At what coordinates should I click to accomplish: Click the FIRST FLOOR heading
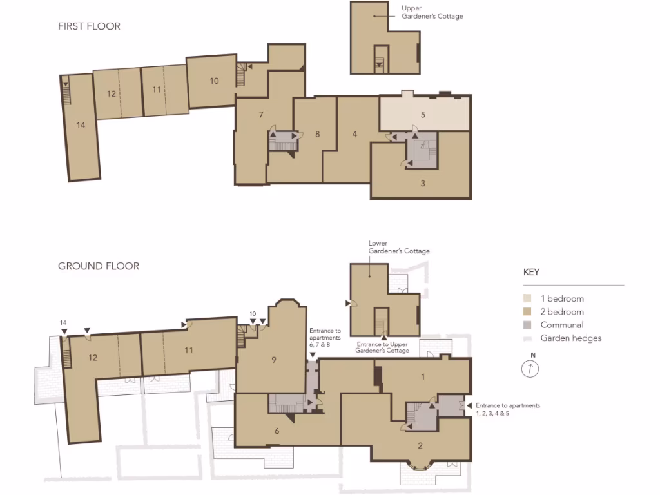click(x=89, y=26)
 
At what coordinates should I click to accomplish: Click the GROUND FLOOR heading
click(x=98, y=266)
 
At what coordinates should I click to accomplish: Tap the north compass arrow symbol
click(x=530, y=368)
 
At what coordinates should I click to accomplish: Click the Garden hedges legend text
click(x=571, y=338)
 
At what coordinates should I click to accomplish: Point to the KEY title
click(x=531, y=272)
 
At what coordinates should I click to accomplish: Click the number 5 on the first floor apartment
click(x=423, y=115)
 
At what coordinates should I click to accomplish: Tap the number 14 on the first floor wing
click(x=81, y=126)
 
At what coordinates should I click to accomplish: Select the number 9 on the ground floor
click(x=274, y=360)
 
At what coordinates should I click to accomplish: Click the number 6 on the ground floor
click(x=277, y=431)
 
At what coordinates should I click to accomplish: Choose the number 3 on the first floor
click(x=423, y=183)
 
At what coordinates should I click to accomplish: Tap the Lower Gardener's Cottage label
click(x=399, y=247)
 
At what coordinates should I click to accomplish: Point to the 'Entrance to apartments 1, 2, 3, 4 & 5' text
click(x=507, y=409)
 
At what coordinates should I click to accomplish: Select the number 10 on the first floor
click(x=214, y=81)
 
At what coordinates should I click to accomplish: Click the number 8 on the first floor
click(x=318, y=134)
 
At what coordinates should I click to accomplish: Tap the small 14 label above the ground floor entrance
click(x=63, y=322)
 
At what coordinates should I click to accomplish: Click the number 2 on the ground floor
click(x=420, y=445)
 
